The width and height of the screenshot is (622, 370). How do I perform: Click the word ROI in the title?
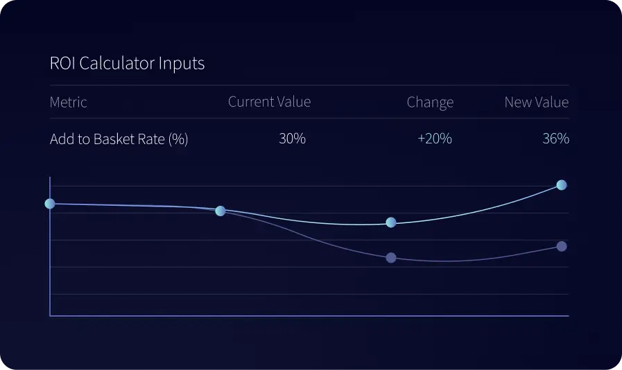pos(63,64)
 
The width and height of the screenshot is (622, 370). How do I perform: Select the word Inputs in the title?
pos(182,64)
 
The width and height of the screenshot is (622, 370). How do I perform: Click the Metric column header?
pos(69,103)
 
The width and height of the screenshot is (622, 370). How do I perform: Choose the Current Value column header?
pos(269,102)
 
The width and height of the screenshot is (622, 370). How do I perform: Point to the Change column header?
pos(430,103)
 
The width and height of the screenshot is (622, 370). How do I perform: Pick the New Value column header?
pos(536,103)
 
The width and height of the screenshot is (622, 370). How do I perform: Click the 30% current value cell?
pos(292,139)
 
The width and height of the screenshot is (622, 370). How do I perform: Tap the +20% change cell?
pos(435,139)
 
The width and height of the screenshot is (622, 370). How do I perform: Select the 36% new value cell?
pos(555,139)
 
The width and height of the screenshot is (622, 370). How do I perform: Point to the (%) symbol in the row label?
pos(178,139)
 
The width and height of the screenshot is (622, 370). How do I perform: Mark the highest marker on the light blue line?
pos(562,185)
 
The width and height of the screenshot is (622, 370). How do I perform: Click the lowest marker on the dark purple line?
pos(391,258)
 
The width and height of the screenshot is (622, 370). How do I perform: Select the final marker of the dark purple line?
pos(562,247)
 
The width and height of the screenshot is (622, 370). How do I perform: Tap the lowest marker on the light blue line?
pos(391,222)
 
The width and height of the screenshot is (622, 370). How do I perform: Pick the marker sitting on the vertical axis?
pos(50,204)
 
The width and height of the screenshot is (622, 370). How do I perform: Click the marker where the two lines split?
pos(221,211)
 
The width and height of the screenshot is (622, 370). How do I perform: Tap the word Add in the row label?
pos(62,139)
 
